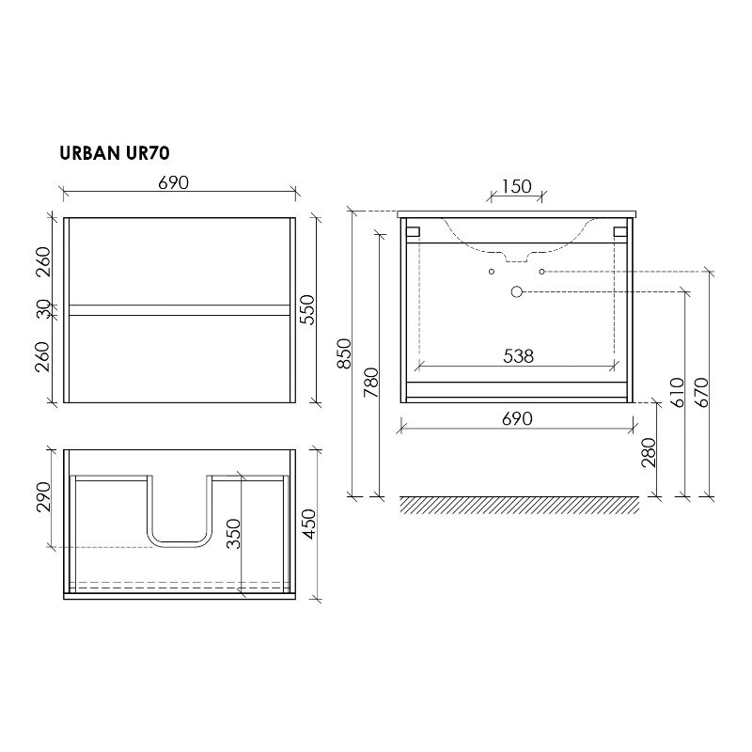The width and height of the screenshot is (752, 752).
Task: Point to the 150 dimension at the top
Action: tap(516, 186)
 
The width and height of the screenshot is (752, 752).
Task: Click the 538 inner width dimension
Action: tap(517, 355)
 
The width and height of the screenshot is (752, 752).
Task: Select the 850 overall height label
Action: tap(345, 352)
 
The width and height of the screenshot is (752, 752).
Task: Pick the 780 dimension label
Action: tap(370, 383)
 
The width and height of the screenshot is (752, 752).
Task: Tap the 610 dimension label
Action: tap(676, 389)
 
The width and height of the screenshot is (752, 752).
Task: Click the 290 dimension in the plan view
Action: tap(43, 495)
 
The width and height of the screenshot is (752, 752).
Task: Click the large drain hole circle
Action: tap(516, 291)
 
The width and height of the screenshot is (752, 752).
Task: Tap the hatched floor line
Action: tap(519, 504)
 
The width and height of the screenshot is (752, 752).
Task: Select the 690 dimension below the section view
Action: tap(517, 417)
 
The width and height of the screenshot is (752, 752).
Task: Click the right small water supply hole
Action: tap(542, 272)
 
